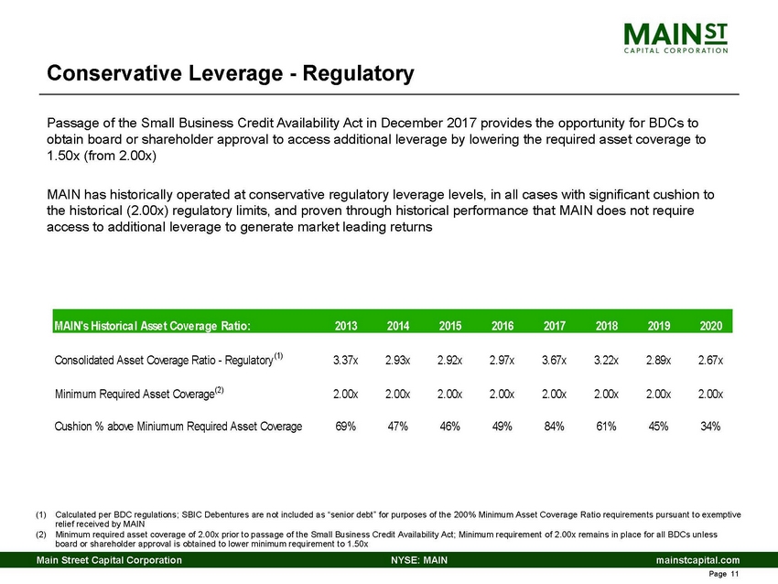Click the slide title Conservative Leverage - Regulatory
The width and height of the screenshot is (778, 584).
pyautogui.click(x=231, y=72)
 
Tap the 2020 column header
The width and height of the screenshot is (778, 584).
pyautogui.click(x=710, y=324)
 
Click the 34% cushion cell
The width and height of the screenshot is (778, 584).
pyautogui.click(x=710, y=426)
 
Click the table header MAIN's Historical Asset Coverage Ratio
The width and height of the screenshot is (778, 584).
pyautogui.click(x=152, y=324)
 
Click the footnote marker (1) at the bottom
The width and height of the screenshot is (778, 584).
pyautogui.click(x=41, y=514)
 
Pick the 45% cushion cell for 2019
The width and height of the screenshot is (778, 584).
pyautogui.click(x=660, y=426)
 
